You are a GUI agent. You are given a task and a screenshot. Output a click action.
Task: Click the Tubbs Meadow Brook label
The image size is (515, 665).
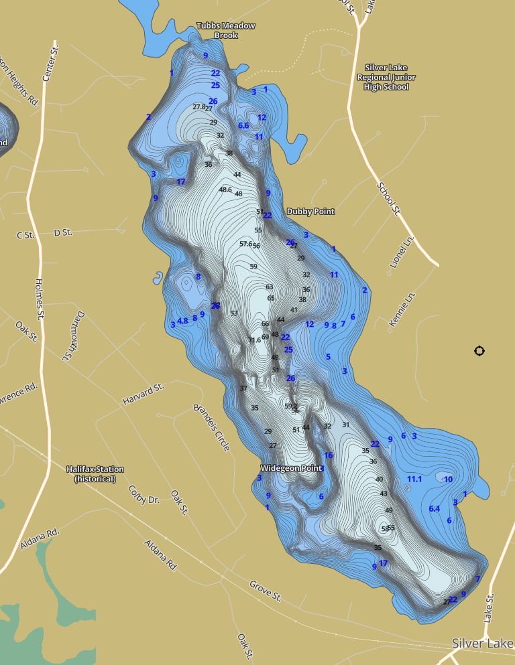point(225,31)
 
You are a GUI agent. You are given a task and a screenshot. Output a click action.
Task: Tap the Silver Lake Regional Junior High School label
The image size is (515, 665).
point(390,77)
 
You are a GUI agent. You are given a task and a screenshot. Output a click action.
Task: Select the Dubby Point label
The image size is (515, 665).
point(310,212)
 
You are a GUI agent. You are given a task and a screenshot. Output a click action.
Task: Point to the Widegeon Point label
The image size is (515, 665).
point(291,468)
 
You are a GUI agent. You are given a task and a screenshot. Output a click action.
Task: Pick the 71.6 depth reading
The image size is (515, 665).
point(254,340)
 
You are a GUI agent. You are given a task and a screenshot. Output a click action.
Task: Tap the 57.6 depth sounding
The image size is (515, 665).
point(245,244)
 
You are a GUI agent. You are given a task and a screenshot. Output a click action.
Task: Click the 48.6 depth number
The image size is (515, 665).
point(225,190)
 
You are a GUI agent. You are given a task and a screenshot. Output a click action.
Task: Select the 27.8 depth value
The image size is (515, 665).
point(199,107)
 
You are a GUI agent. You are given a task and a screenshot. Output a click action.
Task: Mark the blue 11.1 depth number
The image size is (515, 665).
point(414,479)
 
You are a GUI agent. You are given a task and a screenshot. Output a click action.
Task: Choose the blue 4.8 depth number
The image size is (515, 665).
point(182,321)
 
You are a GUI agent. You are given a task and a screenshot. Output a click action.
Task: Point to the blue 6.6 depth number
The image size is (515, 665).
point(243,125)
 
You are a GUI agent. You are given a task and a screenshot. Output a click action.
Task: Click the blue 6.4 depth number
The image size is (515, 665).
point(435,509)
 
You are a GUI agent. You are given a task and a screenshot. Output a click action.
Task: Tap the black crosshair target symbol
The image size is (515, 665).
point(479,351)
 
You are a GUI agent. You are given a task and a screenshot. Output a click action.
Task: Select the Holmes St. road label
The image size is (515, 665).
point(40,298)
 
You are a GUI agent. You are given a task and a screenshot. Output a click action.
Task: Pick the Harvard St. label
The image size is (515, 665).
point(144,394)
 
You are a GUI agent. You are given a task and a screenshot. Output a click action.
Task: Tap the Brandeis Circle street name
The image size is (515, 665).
point(211,427)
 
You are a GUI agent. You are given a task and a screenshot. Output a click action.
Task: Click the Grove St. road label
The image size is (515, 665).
point(265,591)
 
